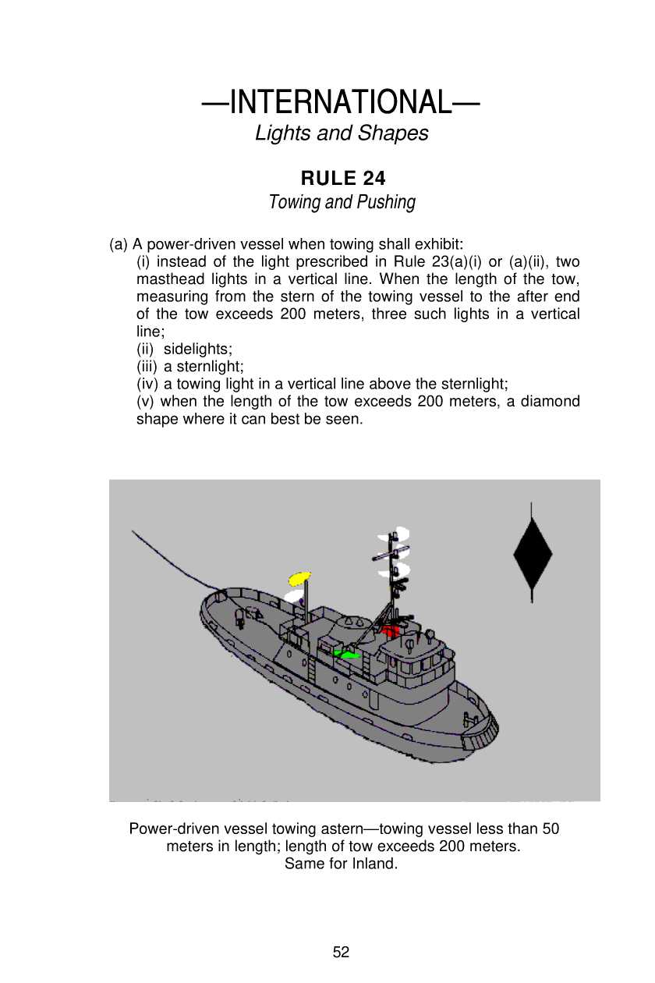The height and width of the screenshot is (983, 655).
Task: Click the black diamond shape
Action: [533, 554]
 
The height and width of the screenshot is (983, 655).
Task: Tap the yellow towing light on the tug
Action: [299, 578]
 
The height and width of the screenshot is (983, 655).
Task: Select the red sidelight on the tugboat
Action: [390, 630]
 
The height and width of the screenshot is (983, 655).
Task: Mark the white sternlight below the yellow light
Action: [293, 597]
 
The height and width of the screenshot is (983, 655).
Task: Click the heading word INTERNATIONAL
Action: [341, 102]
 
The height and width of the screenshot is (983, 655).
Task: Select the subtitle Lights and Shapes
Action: [342, 133]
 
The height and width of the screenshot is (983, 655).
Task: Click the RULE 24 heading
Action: [343, 179]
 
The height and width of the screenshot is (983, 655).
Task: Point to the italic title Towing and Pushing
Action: [342, 203]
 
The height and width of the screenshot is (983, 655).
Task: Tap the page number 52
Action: [342, 952]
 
